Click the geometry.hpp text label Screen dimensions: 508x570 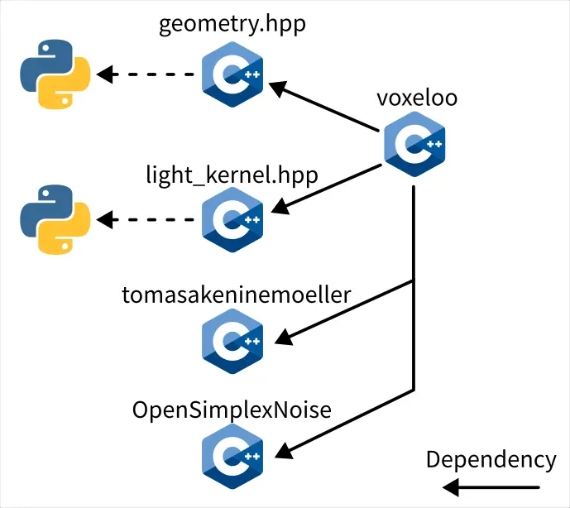coord(232,23)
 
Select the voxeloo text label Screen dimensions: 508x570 coord(417,98)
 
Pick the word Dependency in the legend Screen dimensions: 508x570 coord(491,460)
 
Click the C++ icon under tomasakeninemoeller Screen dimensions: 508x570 coord(232,340)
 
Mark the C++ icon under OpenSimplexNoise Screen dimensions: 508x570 coord(232,455)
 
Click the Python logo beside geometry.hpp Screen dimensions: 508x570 coord(51,75)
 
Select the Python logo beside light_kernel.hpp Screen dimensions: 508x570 coord(51,220)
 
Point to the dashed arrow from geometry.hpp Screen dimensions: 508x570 coord(149,75)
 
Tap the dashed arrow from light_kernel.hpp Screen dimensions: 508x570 coord(149,220)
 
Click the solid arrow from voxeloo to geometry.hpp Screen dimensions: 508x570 coord(327,107)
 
